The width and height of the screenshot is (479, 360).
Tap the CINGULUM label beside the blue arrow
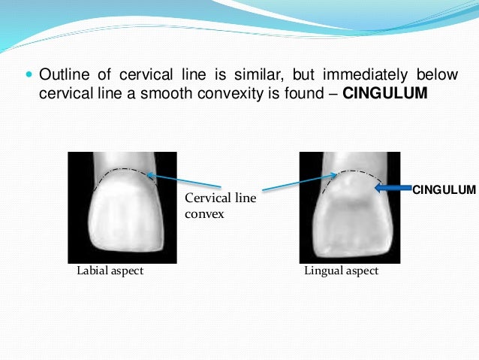point(444,189)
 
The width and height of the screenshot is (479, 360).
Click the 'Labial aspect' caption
point(110,271)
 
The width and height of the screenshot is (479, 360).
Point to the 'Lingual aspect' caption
point(342,271)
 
